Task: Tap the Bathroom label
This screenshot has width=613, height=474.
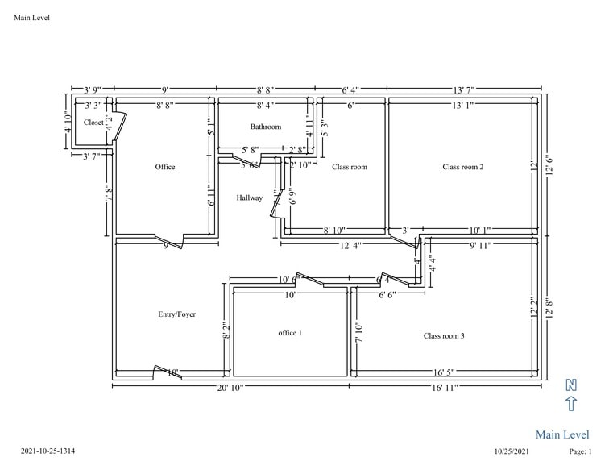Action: point(265,127)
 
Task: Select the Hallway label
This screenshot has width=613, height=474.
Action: point(249,197)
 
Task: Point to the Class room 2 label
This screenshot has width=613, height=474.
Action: point(462,167)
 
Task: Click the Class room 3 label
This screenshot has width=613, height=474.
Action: point(444,335)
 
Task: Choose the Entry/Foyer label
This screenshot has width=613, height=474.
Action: point(176,314)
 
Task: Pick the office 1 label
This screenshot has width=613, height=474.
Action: point(290,333)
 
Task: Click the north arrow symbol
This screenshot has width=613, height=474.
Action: point(571,396)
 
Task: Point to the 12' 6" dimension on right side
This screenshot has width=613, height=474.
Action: point(550,166)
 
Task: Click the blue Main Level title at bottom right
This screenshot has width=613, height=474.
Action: point(562,434)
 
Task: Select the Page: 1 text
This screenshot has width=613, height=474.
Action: point(580,452)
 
